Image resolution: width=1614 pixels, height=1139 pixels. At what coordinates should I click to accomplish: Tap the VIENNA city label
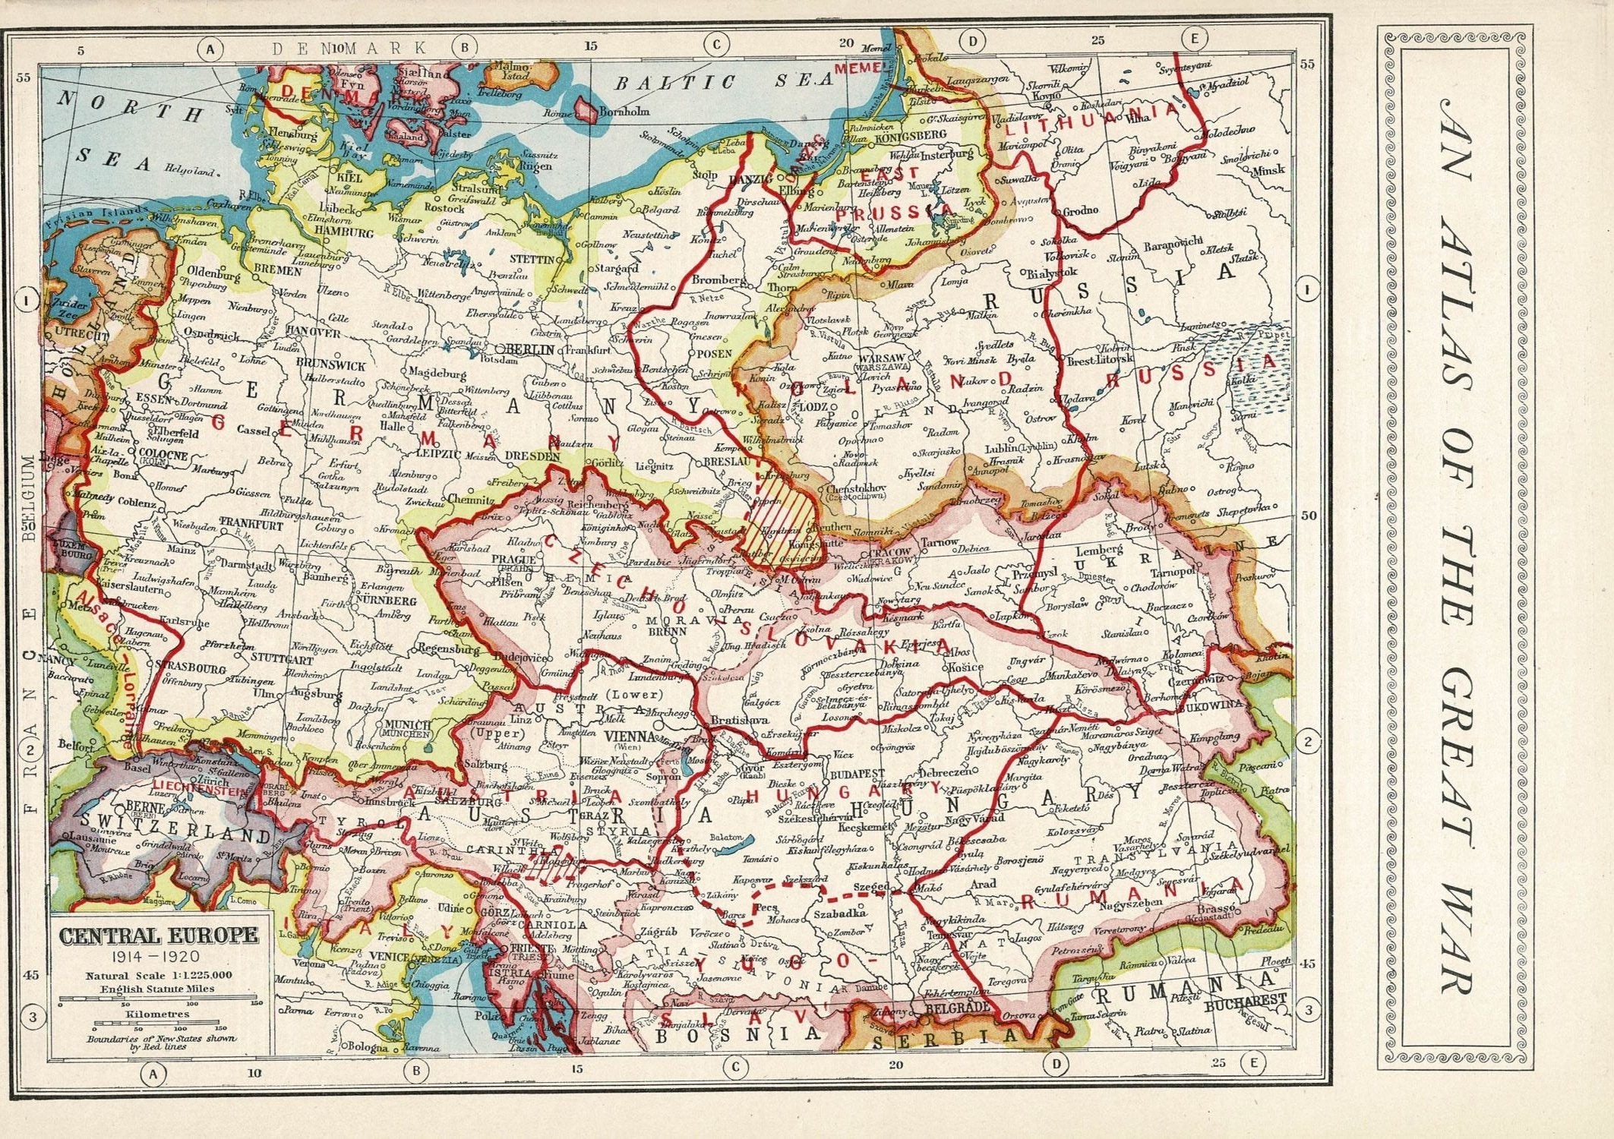[x=630, y=736]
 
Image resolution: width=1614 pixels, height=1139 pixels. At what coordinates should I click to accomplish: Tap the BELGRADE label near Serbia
[x=955, y=1005]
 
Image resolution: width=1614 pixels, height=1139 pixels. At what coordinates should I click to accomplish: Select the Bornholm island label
[x=624, y=111]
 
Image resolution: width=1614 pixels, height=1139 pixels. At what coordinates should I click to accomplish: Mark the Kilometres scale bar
[x=159, y=1024]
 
